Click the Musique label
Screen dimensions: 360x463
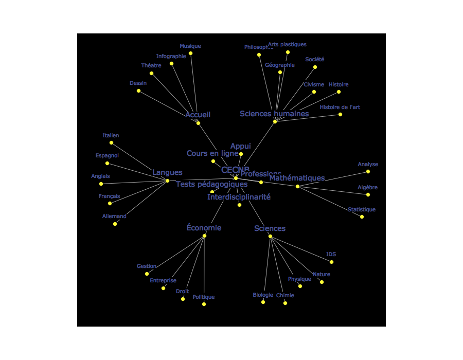(x=190, y=46)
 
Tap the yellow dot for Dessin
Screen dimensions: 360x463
(x=138, y=91)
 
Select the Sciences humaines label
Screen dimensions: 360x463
(x=274, y=114)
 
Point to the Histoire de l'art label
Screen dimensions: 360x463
(x=340, y=107)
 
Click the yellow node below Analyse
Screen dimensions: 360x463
(x=368, y=172)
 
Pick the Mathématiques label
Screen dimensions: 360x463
(x=297, y=178)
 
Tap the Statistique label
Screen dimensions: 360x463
(x=361, y=210)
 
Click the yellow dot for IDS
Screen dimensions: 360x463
(x=331, y=262)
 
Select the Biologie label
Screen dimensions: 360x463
(x=263, y=295)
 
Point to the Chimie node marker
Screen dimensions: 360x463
(x=285, y=303)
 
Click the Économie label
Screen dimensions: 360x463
(x=204, y=228)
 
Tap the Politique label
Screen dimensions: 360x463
(x=203, y=297)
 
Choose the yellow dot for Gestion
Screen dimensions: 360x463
(x=147, y=274)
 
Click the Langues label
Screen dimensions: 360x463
(x=167, y=173)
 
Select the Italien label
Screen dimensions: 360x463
(x=111, y=136)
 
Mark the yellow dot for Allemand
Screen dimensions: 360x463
(x=115, y=224)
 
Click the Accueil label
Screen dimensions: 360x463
(x=198, y=115)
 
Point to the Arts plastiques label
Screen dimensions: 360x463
(x=287, y=45)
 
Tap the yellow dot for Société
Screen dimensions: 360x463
(x=315, y=67)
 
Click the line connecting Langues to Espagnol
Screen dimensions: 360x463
(x=137, y=172)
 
